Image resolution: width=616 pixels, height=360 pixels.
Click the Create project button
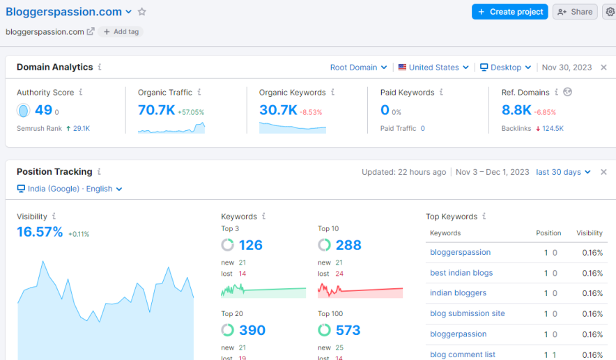point(509,12)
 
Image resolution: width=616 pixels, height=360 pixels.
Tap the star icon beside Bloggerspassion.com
point(142,12)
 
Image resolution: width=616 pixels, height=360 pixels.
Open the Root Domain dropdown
point(358,68)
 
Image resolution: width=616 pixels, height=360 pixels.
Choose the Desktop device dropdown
point(506,68)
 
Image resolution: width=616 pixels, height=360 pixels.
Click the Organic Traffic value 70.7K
point(156,110)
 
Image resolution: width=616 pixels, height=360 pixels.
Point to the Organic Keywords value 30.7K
point(278,110)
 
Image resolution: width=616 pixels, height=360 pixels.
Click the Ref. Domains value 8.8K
point(516,110)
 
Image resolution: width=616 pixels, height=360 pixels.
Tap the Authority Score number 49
point(43,110)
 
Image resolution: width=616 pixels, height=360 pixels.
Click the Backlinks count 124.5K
point(553,129)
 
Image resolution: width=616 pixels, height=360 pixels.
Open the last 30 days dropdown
point(563,172)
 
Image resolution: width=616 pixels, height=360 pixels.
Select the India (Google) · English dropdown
point(70,189)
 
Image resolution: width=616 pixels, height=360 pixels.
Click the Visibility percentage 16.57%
point(40,232)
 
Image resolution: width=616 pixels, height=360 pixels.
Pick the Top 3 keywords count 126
point(251,245)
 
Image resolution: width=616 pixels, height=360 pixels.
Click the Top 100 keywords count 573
point(348,330)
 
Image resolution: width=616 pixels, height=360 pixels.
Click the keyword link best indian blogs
point(461,273)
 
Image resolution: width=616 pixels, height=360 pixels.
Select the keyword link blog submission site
point(467,313)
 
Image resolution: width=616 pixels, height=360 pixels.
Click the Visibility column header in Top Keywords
point(589,233)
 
